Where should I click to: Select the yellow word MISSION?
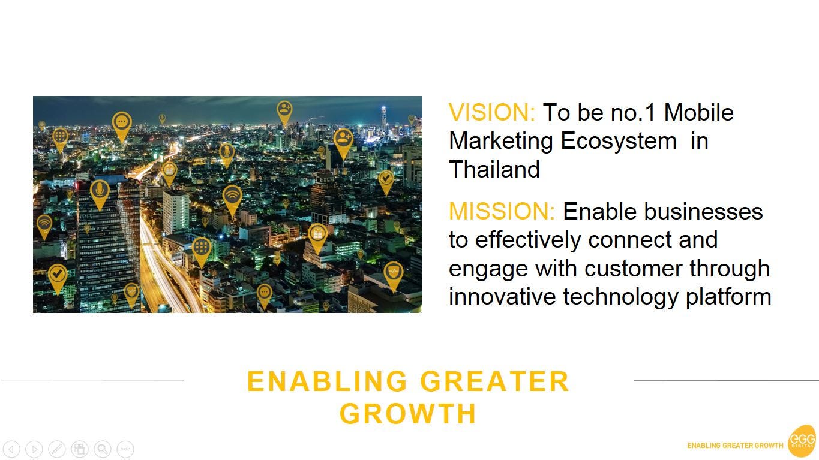(502, 211)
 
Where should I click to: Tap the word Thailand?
(494, 169)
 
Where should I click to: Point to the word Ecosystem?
(619, 142)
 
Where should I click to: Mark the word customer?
(633, 269)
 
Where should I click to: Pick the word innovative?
(502, 296)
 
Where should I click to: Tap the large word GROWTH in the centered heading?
(407, 414)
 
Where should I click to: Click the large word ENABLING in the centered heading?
(327, 381)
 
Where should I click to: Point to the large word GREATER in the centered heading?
(494, 381)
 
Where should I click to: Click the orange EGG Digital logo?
(802, 441)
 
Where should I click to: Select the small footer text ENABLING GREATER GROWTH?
(735, 446)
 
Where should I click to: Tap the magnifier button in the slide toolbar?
(103, 449)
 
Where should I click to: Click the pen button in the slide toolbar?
(57, 449)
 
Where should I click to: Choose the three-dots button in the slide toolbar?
(125, 449)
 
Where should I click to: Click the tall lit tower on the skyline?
(383, 119)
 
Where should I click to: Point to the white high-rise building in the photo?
(176, 212)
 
